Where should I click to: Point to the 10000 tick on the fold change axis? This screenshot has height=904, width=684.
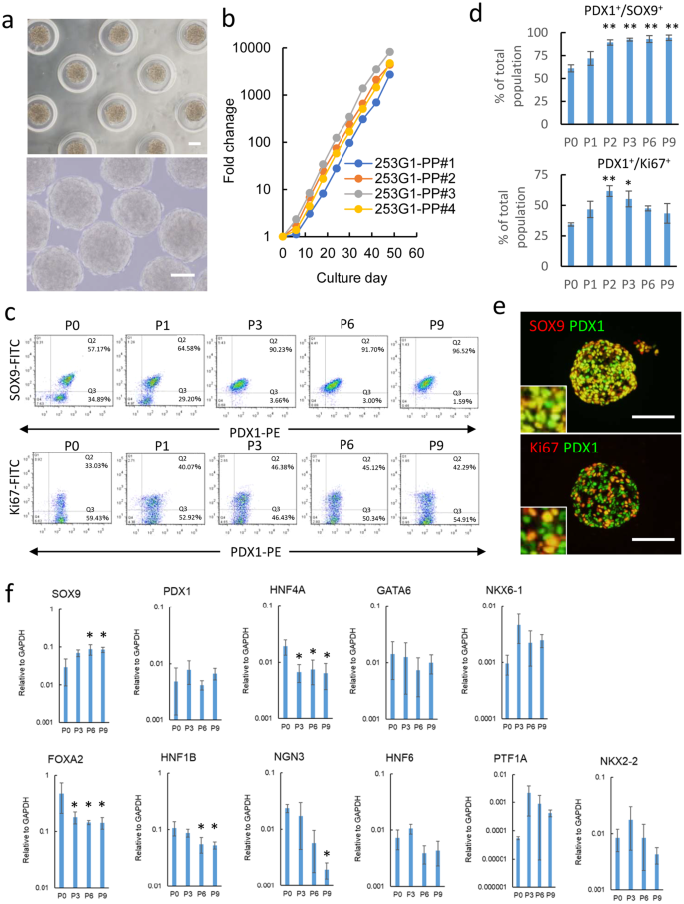tap(244, 47)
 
